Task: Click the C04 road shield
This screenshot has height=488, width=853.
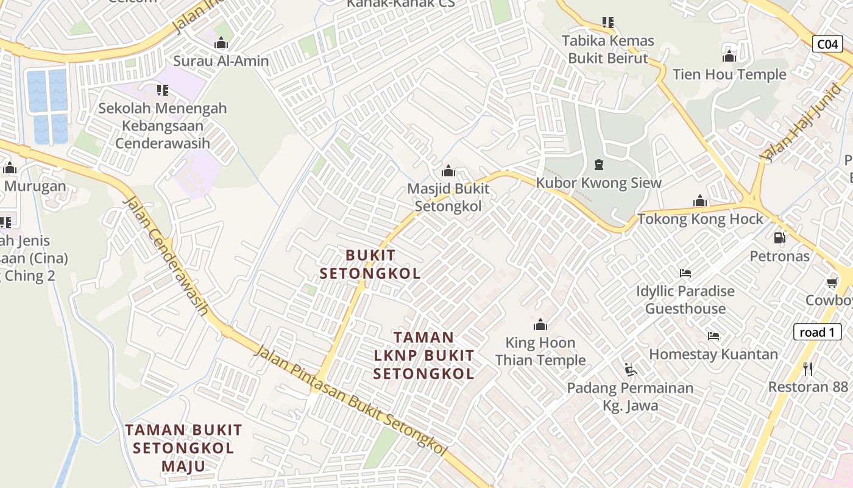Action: [x=827, y=44]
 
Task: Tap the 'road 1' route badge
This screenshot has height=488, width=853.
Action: [x=817, y=332]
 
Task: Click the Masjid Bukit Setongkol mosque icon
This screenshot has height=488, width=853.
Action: [x=448, y=171]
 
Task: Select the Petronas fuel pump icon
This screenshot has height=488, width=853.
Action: [x=779, y=238]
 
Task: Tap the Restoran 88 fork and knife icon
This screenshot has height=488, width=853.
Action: [x=808, y=368]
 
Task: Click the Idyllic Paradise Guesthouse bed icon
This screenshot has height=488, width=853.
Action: [x=685, y=273]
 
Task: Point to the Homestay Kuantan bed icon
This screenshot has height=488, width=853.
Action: [x=713, y=336]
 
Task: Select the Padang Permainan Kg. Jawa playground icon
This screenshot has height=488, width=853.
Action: [x=630, y=370]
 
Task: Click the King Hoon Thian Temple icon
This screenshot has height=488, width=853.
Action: [x=540, y=325]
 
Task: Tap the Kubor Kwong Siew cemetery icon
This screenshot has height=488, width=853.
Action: [x=598, y=165]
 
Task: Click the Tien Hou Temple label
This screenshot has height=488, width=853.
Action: [x=729, y=75]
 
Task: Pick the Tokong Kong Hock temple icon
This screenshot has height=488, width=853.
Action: [x=699, y=201]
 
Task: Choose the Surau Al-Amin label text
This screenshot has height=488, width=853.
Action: [x=221, y=61]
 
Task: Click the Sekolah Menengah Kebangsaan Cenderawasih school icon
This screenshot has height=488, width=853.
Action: [x=162, y=90]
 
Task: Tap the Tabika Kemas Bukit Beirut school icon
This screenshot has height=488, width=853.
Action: [x=607, y=23]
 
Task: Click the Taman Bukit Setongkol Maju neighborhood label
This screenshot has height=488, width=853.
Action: [x=183, y=448]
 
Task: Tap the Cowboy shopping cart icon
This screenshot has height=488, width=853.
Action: [x=832, y=282]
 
